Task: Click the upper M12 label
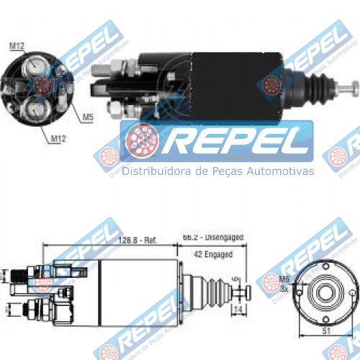pyautogui.click(x=17, y=47)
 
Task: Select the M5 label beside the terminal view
pyautogui.click(x=87, y=117)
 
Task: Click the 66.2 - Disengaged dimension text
pyautogui.click(x=212, y=237)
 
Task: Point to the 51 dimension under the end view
pyautogui.click(x=325, y=332)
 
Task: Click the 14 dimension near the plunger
pyautogui.click(x=238, y=310)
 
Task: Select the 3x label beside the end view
pyautogui.click(x=284, y=288)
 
